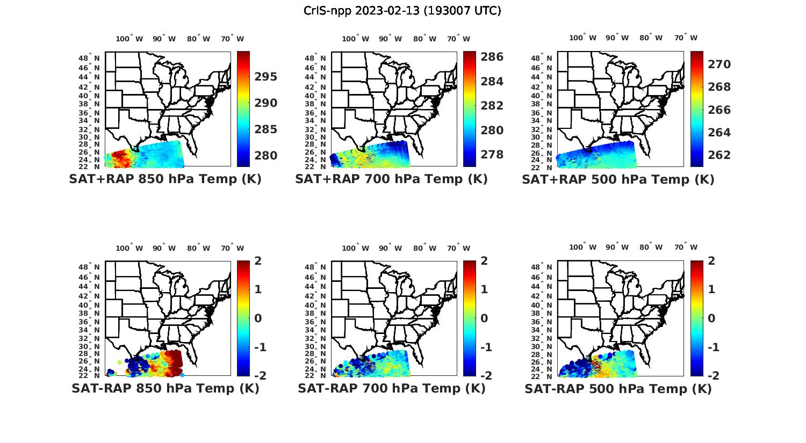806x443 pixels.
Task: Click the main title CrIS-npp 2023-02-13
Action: pos(402,11)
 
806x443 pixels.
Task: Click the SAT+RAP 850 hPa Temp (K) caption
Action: pos(165,179)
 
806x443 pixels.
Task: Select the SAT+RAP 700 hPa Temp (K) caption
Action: pos(391,179)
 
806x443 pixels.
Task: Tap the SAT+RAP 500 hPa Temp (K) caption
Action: pos(618,179)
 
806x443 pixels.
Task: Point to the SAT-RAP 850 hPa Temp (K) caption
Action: pos(165,388)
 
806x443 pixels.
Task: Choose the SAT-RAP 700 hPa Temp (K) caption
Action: pos(391,388)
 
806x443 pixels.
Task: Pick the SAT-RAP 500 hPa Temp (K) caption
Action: pos(618,389)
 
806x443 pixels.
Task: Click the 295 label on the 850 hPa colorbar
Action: pos(265,77)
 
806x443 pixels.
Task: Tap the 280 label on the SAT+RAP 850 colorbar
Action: pos(265,156)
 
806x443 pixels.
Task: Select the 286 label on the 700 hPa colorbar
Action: pos(492,57)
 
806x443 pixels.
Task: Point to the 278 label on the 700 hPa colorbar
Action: pos(492,155)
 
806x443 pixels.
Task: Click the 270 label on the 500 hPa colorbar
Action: pos(719,64)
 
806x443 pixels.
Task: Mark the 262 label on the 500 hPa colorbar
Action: pos(719,155)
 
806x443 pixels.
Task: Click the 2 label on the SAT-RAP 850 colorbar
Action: pos(258,261)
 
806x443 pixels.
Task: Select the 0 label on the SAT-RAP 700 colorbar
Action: pos(484,318)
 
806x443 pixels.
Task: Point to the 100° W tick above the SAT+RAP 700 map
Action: pos(355,39)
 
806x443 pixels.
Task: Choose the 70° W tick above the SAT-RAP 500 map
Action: pos(686,248)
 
